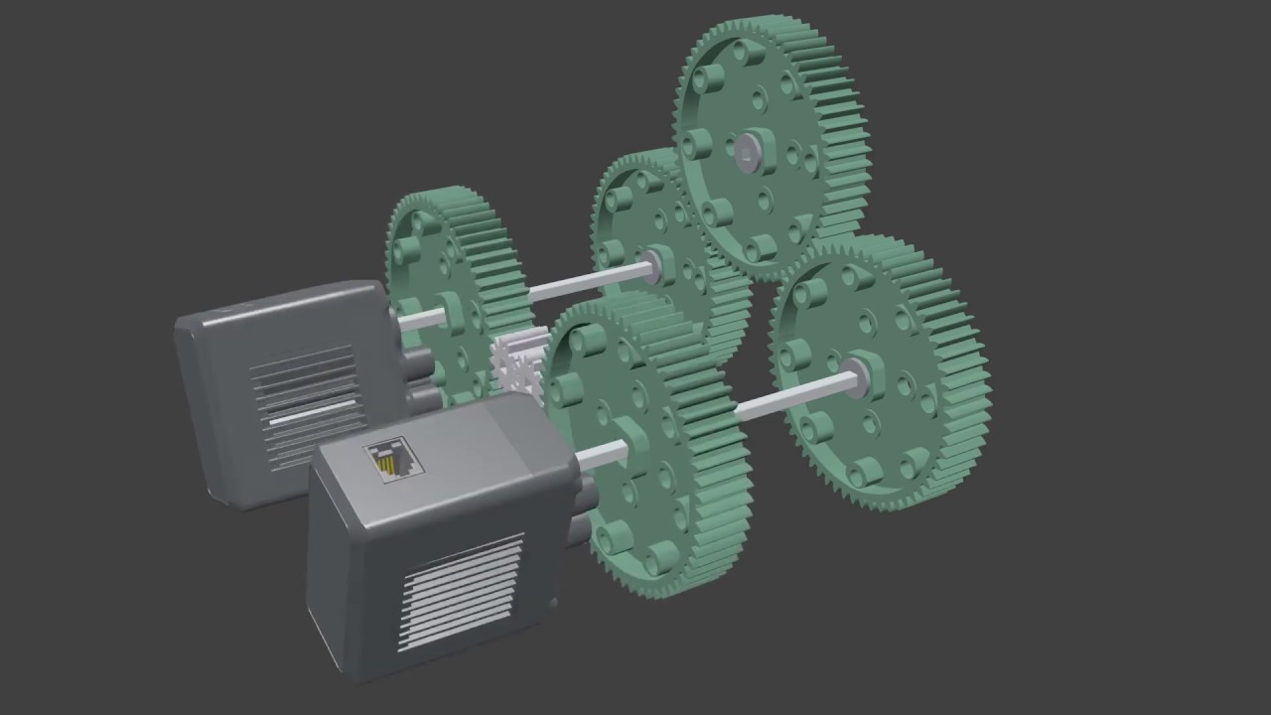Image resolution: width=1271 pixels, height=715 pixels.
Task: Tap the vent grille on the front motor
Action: [461, 590]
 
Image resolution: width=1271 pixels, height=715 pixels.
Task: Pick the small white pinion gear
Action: [516, 363]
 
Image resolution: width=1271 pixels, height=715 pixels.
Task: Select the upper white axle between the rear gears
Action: [586, 281]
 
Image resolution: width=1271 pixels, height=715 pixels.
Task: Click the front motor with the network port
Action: [437, 536]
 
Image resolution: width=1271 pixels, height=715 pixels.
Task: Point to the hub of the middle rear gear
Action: [654, 263]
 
